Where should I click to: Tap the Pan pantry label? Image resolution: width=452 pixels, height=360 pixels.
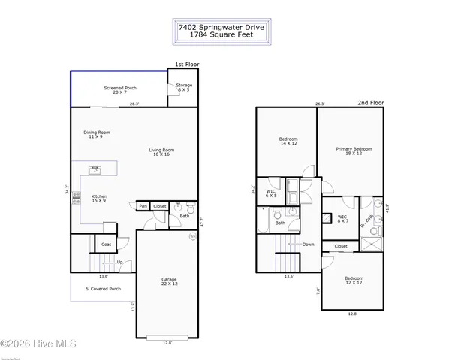(143, 206)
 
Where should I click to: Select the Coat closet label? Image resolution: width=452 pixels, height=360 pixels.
(106, 243)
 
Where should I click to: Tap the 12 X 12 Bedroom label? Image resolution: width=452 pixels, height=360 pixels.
(354, 280)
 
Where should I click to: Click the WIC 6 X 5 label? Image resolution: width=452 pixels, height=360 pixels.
(272, 193)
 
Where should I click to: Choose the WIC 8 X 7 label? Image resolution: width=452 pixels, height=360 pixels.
(342, 219)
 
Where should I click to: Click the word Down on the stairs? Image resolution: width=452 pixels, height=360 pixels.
(308, 244)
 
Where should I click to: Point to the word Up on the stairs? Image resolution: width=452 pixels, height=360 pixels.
(119, 262)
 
